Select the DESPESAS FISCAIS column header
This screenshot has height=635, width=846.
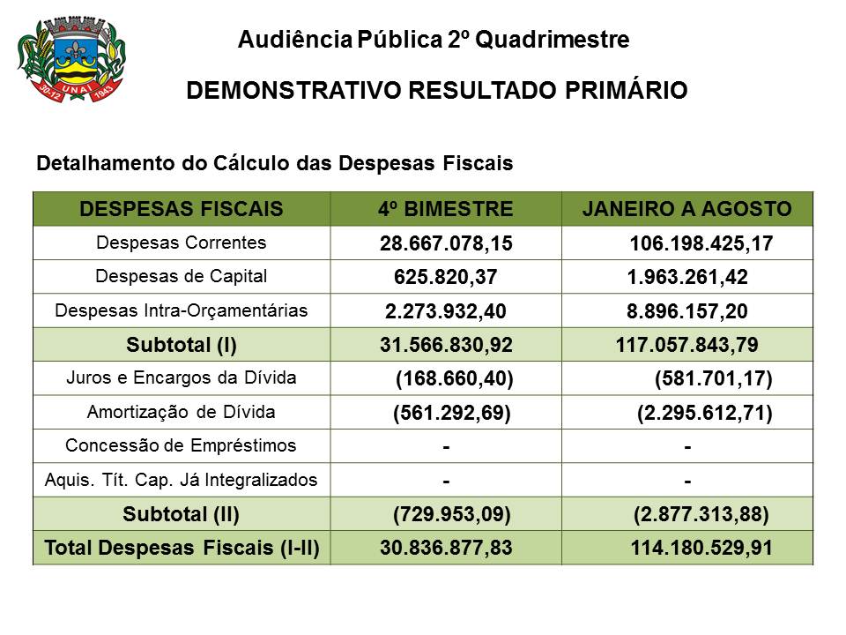coord(182,209)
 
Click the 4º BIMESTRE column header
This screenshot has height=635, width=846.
coord(445,209)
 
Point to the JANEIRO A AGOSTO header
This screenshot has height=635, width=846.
coord(686,209)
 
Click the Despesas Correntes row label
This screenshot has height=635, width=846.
coord(181,242)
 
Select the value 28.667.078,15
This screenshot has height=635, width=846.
coord(446,243)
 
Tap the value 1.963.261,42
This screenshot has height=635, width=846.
coord(687,278)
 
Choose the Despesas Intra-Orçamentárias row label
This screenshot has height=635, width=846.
coord(182,310)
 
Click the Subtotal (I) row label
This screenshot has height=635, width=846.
coord(182,344)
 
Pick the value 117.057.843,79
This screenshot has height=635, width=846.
coord(687,344)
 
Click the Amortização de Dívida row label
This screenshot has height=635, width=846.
coord(182,412)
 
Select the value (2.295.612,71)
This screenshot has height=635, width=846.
coord(704,413)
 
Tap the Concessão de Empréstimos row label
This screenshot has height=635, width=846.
coord(182,445)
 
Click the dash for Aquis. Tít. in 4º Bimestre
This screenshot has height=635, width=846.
coord(447,482)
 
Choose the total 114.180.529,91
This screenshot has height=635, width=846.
coord(701,548)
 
